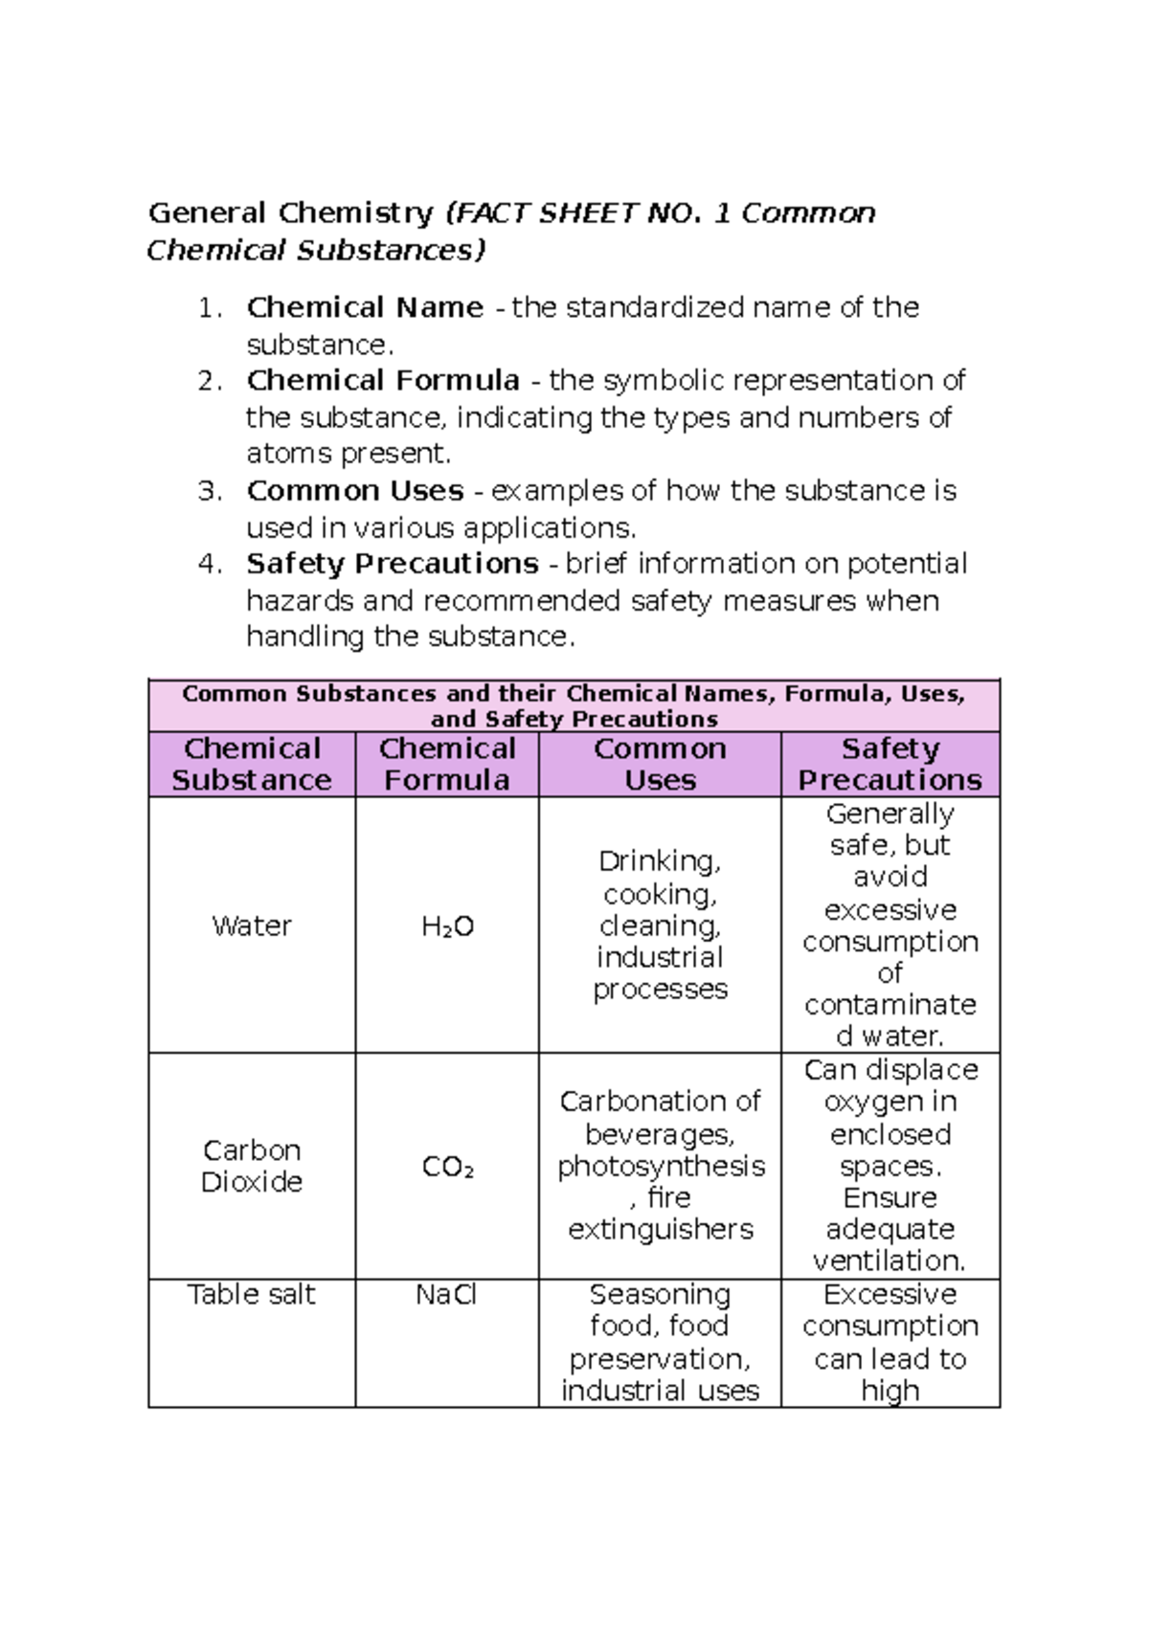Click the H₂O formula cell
(x=447, y=926)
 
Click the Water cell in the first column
(x=252, y=926)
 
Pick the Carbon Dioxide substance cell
(x=252, y=1166)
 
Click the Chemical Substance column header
(x=252, y=764)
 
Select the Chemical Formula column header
(x=447, y=764)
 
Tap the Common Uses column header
(x=660, y=764)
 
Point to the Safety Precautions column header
(x=890, y=764)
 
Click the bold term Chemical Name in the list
(x=365, y=307)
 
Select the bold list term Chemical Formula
(x=383, y=381)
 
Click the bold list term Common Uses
(x=354, y=491)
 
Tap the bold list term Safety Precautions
(x=393, y=564)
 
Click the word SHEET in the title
(x=587, y=212)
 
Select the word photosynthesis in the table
(x=661, y=1167)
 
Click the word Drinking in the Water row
(x=660, y=861)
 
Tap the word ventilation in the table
(x=890, y=1261)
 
